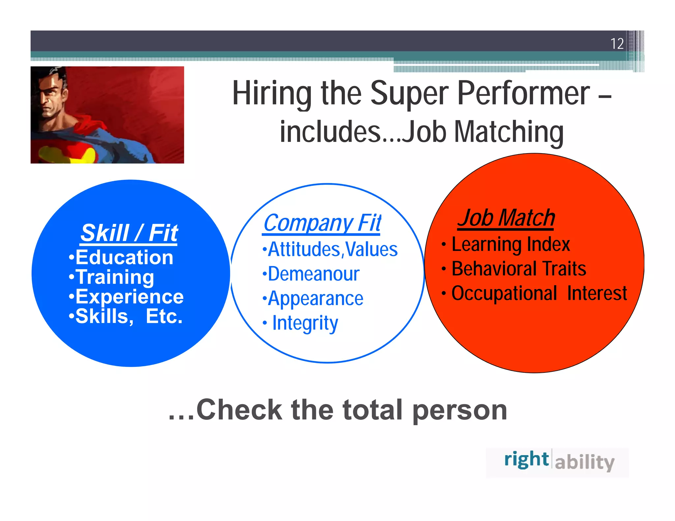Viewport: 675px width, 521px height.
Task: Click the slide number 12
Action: point(617,44)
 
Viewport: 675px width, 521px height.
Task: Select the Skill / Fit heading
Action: point(129,233)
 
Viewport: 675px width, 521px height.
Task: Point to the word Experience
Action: point(129,297)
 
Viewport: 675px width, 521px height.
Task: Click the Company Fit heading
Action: point(322,223)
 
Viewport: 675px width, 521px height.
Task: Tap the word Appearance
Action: point(315,299)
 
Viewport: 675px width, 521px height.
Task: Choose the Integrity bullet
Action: point(305,323)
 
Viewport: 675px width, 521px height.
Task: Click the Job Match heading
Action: point(506,218)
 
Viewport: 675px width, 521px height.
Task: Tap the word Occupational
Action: point(504,293)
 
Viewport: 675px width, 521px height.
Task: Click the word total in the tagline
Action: point(372,410)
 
